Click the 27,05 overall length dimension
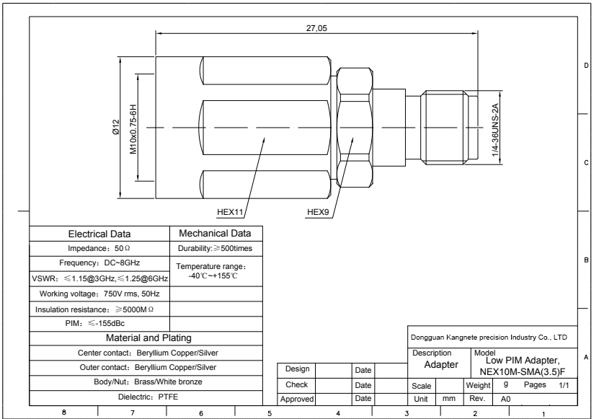316,28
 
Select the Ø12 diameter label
116,128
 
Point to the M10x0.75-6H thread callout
133,129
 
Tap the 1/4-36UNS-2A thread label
495,130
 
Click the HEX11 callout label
230,212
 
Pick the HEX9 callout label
318,212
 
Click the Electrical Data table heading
99,234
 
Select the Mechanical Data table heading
215,233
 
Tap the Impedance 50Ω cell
99,249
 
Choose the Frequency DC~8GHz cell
99,263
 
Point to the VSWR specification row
99,278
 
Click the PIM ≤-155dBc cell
94,323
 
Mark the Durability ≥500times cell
215,249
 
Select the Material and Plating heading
148,338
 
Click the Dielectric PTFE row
148,397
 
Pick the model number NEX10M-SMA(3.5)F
523,371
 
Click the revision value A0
505,399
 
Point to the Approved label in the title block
297,399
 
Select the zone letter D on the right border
586,66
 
